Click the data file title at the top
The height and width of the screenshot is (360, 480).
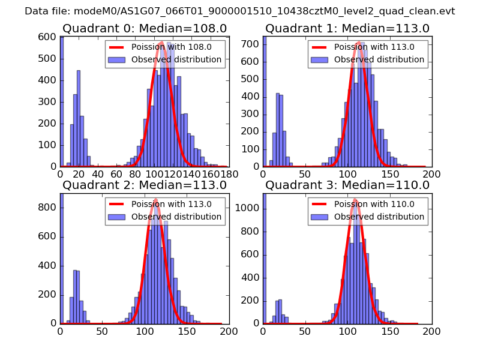240,11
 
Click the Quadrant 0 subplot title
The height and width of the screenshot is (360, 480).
144,29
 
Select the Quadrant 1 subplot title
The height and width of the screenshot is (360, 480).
347,29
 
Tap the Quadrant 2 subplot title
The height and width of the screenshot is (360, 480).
144,185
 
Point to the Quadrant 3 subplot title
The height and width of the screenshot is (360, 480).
347,185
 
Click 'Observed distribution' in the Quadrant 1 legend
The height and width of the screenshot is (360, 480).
379,60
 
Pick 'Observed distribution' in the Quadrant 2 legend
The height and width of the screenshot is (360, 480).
176,217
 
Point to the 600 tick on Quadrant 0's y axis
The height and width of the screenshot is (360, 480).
49,36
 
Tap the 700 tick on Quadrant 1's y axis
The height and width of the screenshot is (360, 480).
251,44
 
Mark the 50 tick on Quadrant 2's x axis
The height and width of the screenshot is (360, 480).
102,331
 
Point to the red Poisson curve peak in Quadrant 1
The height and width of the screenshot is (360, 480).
358,42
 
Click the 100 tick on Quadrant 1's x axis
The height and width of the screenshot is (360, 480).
347,174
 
